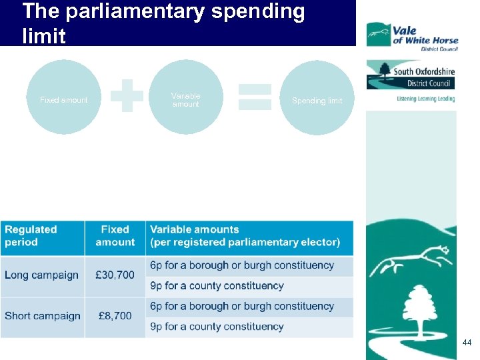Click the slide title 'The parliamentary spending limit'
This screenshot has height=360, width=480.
tap(163, 23)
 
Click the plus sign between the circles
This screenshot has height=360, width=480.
tap(127, 96)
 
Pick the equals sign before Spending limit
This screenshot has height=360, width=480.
tap(255, 96)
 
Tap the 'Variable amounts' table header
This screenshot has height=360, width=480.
tap(245, 236)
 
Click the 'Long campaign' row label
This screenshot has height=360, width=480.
tap(41, 275)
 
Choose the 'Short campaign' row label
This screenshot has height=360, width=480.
tap(42, 316)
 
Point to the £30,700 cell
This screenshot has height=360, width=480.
tap(115, 275)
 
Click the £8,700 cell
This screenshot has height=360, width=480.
tap(115, 316)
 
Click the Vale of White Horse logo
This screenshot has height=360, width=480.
tap(411, 35)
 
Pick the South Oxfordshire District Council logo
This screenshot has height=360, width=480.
tap(411, 75)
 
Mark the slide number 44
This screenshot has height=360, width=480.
tap(467, 342)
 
